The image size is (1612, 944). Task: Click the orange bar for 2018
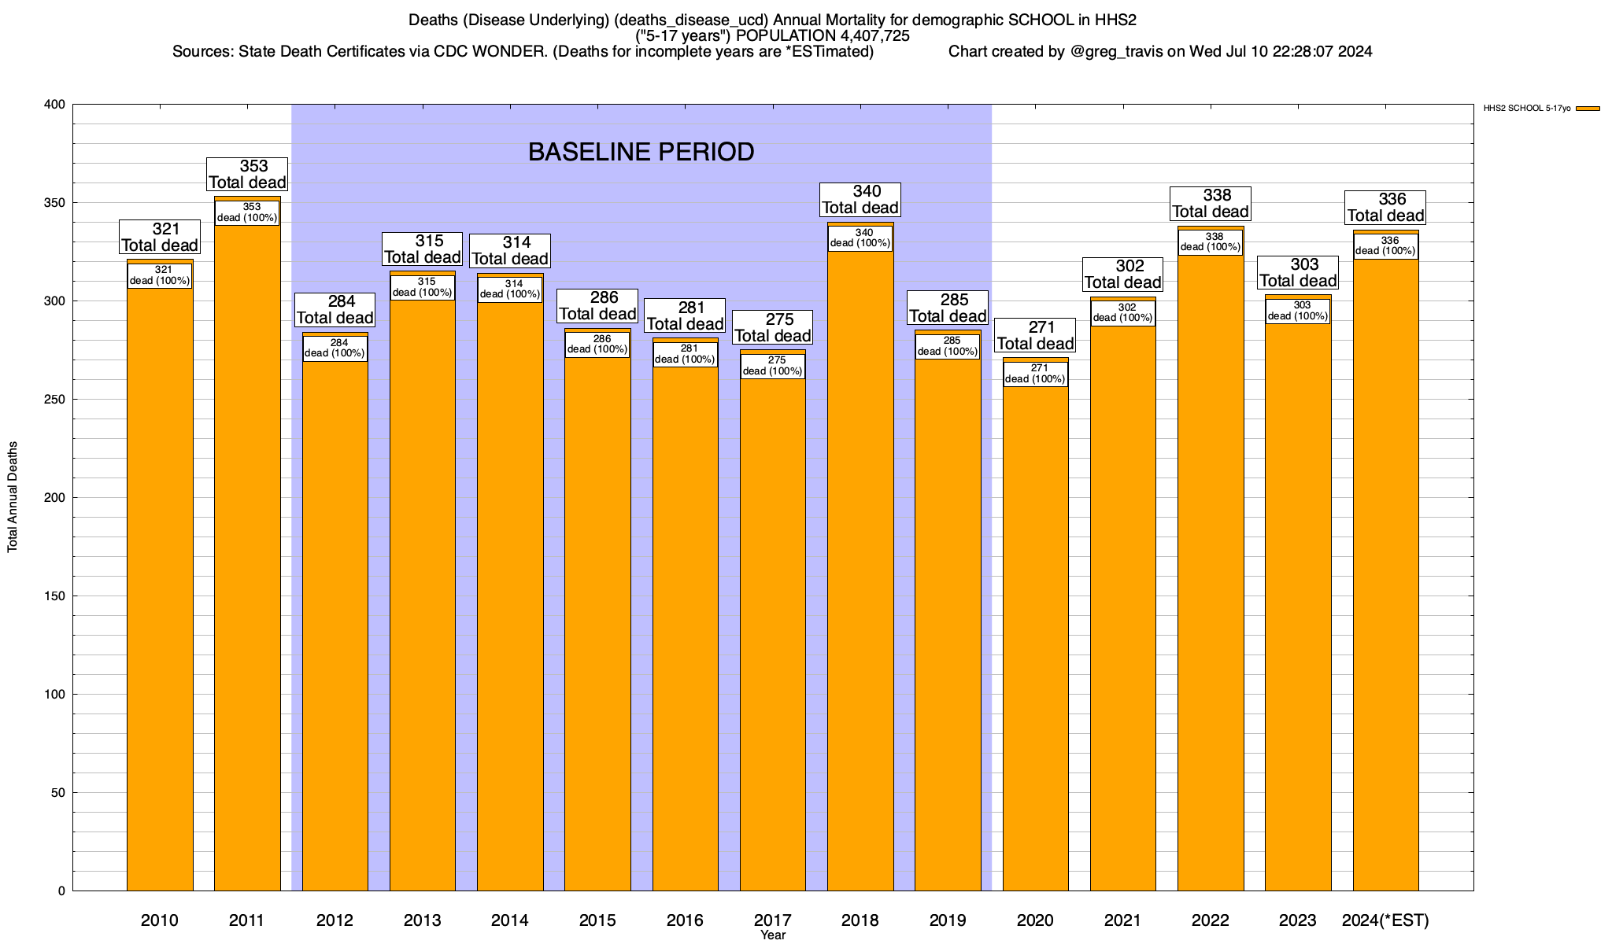(x=860, y=566)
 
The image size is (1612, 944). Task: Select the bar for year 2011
(x=247, y=566)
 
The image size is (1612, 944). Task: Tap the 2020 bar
(x=1035, y=629)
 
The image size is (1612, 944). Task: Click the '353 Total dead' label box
(x=247, y=175)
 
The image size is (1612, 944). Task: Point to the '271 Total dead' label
(x=1035, y=336)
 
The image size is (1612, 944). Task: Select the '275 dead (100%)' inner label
(x=773, y=367)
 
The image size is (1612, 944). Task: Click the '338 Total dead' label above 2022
(x=1211, y=204)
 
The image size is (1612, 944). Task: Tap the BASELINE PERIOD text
(x=641, y=152)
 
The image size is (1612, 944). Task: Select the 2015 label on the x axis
(x=597, y=920)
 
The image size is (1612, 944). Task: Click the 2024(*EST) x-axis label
(x=1385, y=920)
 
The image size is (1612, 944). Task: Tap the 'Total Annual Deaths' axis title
(x=13, y=496)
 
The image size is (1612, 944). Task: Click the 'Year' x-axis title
(x=773, y=935)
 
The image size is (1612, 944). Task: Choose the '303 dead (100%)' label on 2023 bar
(x=1298, y=311)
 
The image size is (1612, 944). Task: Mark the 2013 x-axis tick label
(x=423, y=920)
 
